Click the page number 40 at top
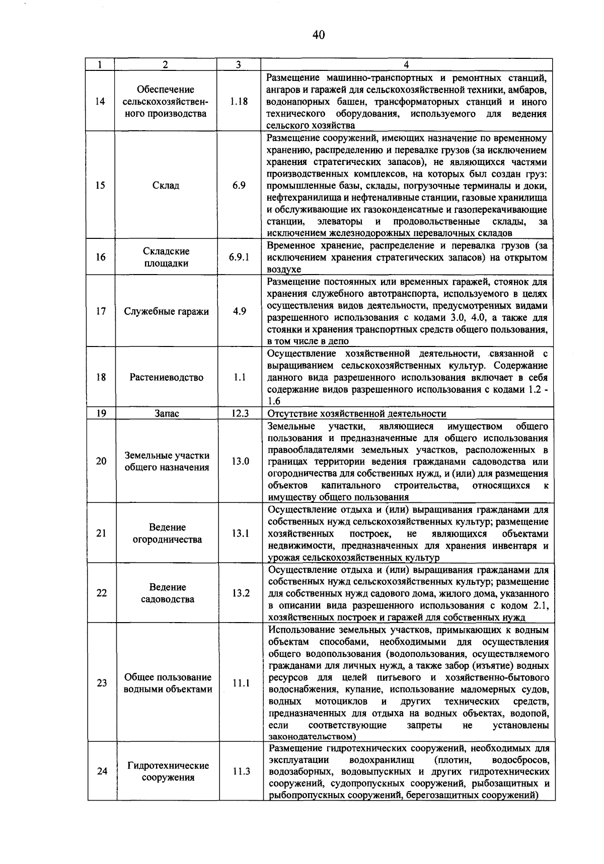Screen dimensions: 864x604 click(x=319, y=35)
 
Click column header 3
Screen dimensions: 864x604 click(x=238, y=64)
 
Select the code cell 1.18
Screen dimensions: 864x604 click(x=239, y=101)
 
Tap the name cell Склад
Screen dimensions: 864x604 click(x=166, y=185)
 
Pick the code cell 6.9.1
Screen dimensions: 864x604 click(x=239, y=257)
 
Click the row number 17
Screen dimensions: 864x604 click(x=101, y=311)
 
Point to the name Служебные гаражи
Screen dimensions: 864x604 click(x=166, y=311)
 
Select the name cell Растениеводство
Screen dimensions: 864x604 click(x=166, y=377)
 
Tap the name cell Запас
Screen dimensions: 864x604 click(x=167, y=413)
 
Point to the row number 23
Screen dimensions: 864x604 click(x=102, y=683)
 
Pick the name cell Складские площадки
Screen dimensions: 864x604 click(x=166, y=257)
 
